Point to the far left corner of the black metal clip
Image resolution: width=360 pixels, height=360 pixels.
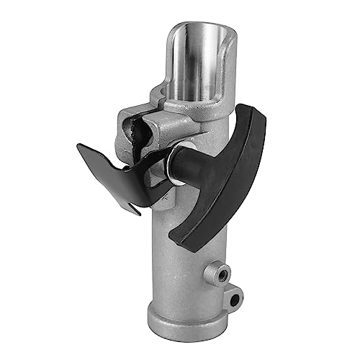point(80,148)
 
